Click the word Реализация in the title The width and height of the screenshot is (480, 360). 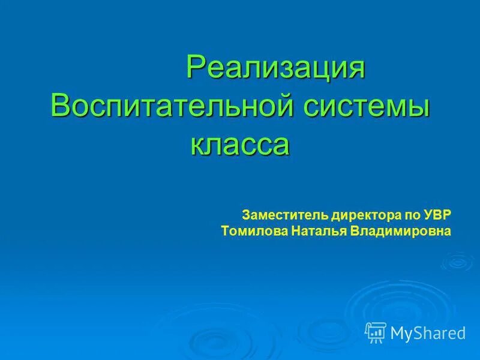275,67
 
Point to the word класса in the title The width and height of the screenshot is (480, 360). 240,145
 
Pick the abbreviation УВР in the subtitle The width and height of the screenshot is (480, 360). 439,214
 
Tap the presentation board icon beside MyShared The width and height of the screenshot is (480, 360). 376,331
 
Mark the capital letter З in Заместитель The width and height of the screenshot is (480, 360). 245,214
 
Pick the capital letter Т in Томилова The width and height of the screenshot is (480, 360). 225,230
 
